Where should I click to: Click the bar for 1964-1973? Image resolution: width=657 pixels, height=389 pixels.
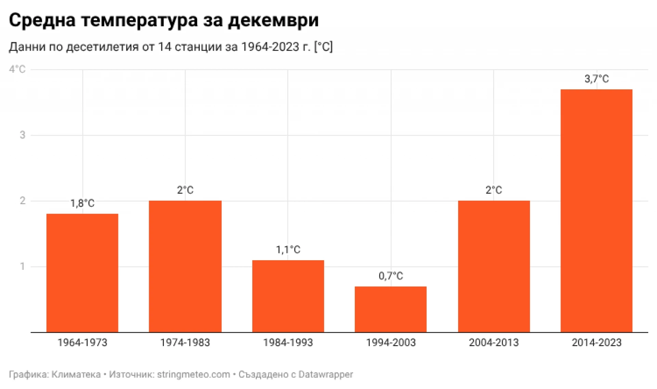tap(82, 273)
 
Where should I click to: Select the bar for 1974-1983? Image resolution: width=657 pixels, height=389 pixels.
tap(185, 266)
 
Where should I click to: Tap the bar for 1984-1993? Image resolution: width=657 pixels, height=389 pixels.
tap(288, 296)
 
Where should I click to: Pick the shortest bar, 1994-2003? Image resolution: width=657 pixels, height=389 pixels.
tap(390, 309)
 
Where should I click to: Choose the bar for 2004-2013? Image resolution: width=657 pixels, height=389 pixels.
tap(494, 266)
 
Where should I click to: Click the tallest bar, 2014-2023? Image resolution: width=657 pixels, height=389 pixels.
tap(596, 211)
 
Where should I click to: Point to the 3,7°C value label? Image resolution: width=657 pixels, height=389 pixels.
tap(596, 79)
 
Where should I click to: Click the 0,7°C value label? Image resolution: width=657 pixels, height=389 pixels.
tap(391, 276)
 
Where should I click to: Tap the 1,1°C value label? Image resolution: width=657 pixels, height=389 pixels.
tap(288, 250)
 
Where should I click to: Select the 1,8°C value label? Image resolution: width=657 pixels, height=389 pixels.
tap(82, 203)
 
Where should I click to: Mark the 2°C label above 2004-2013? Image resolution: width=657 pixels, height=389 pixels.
tap(494, 190)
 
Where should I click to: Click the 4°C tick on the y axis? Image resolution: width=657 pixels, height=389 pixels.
tap(17, 70)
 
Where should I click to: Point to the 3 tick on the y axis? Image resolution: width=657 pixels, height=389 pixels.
tap(23, 135)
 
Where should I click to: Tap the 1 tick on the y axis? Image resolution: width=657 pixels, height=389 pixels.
tap(23, 266)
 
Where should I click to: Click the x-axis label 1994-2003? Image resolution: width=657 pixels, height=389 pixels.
tap(391, 342)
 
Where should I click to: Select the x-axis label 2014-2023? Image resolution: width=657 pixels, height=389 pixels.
tap(596, 342)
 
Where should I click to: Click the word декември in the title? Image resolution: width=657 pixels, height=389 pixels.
tap(273, 21)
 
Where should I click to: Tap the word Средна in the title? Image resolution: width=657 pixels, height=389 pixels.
tap(42, 21)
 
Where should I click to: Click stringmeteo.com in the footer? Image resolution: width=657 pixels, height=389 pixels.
tap(193, 375)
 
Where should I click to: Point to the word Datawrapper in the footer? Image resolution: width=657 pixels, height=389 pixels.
tap(325, 375)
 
